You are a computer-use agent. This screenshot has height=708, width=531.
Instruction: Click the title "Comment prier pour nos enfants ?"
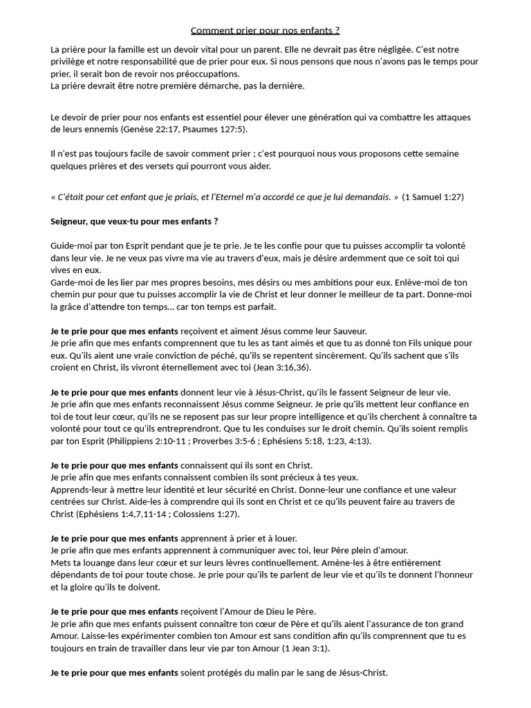265,31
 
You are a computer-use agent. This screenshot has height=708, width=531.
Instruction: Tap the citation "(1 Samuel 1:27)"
433,197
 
